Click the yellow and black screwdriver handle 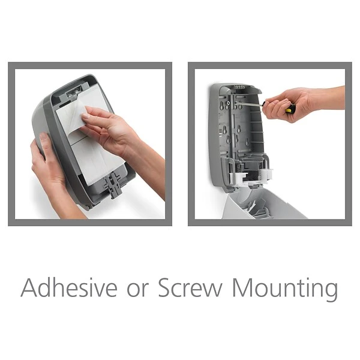tap(290, 109)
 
